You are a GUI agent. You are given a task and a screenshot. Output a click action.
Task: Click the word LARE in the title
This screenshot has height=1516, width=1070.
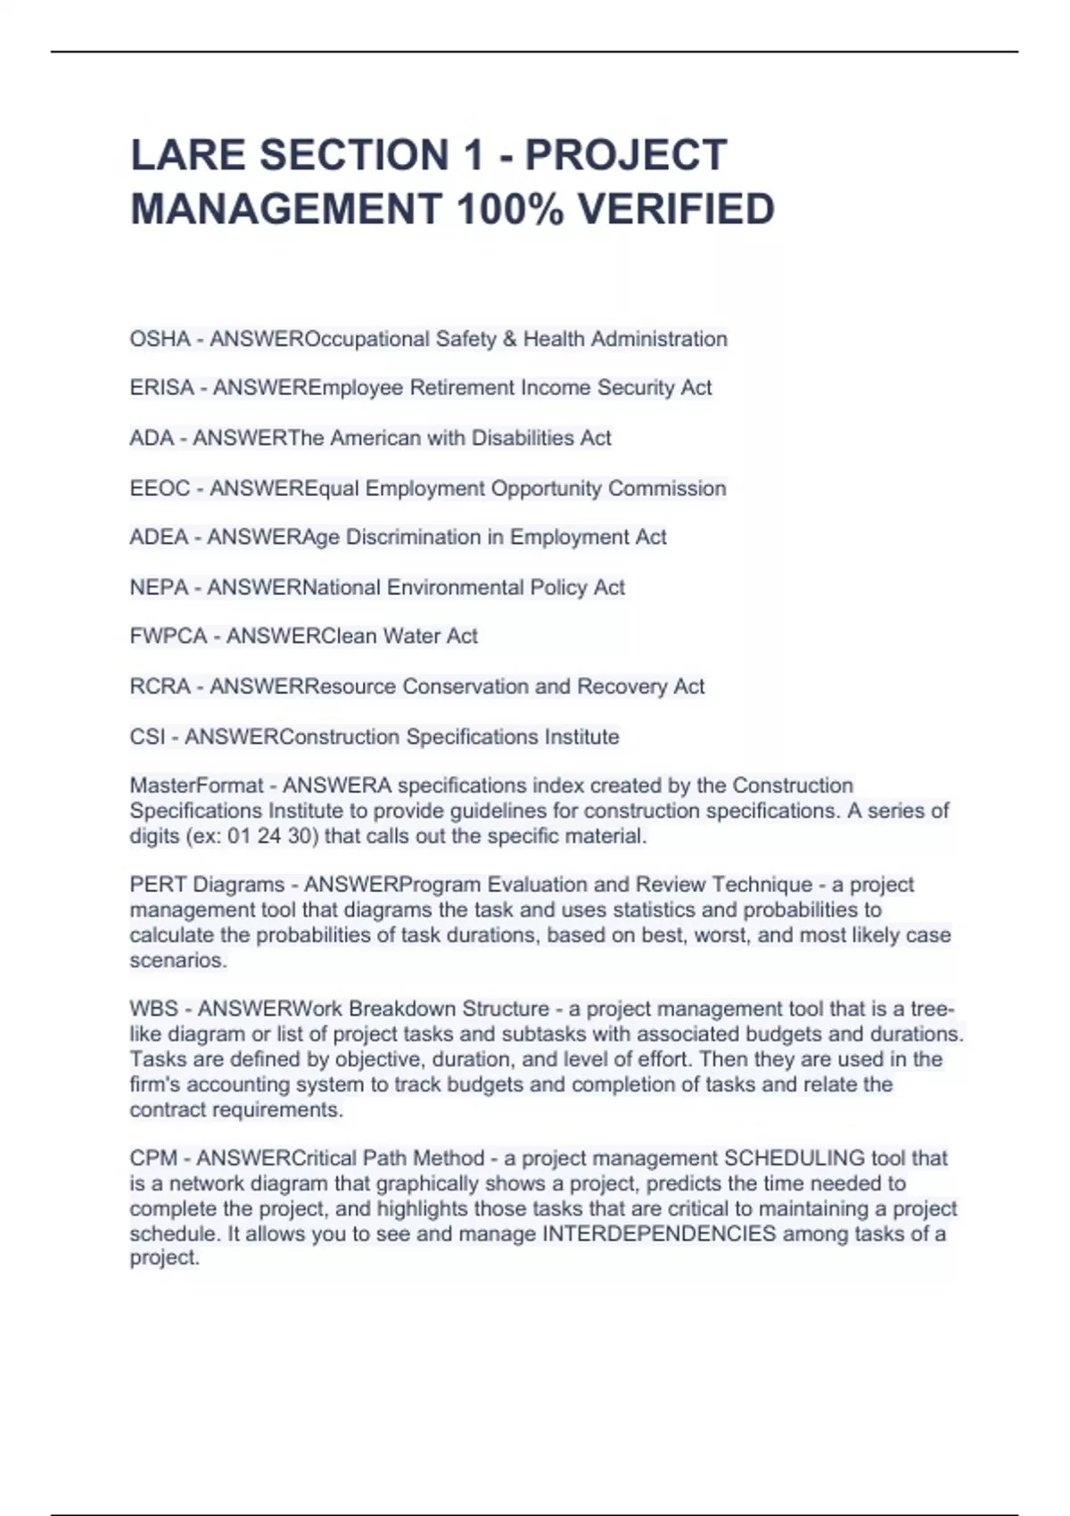pos(187,155)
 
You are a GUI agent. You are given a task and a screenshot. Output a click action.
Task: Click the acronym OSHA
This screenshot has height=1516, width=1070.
pos(160,339)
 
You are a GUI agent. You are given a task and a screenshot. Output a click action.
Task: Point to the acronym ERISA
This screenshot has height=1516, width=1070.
pos(161,388)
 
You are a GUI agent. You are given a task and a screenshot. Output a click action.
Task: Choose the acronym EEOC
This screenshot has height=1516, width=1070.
pos(160,489)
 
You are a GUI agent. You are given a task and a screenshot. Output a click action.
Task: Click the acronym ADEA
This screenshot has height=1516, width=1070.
pos(159,537)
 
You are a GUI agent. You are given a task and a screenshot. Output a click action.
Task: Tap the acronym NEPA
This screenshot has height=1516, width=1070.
pos(159,588)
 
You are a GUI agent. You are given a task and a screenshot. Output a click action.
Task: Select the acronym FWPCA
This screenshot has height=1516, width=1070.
pos(168,636)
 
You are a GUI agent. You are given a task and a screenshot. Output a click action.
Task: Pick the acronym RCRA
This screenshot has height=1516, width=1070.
pos(160,687)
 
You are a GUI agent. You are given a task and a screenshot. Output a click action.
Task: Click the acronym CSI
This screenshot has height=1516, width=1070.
pos(147,737)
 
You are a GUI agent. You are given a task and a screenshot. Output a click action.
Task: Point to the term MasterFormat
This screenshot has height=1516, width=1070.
pos(196,786)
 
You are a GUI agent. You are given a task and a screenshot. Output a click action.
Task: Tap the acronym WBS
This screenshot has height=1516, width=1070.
pos(153,1009)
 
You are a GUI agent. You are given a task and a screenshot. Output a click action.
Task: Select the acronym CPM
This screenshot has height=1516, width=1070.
pos(153,1158)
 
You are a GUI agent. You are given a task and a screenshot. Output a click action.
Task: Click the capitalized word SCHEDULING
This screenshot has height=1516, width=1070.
pos(794,1158)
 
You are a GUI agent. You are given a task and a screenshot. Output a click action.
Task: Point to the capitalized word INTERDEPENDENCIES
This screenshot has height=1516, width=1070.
pos(659,1234)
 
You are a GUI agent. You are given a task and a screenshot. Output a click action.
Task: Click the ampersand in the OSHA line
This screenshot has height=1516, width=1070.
pos(509,339)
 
